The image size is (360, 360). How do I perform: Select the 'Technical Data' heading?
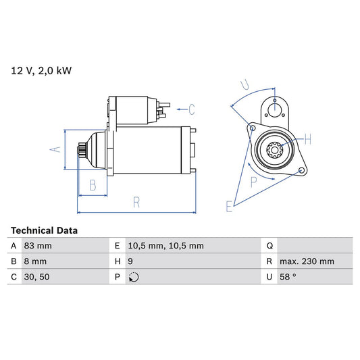tap(44, 230)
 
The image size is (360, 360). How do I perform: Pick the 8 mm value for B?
tap(35, 261)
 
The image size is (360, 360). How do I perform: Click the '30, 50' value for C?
tap(36, 277)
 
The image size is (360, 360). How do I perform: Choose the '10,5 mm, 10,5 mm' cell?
tap(165, 246)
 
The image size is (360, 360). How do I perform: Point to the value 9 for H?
tap(130, 261)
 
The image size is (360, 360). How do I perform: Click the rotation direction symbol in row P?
tap(133, 278)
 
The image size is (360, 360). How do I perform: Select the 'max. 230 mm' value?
tap(308, 261)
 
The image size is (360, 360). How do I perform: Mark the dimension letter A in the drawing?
tap(58, 150)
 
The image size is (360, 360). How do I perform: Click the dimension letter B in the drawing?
tap(93, 184)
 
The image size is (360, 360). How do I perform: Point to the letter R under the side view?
tap(136, 201)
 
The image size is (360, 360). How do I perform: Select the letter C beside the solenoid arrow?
tap(191, 109)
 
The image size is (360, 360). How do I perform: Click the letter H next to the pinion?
tap(307, 140)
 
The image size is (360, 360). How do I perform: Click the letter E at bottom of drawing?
tap(230, 206)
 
